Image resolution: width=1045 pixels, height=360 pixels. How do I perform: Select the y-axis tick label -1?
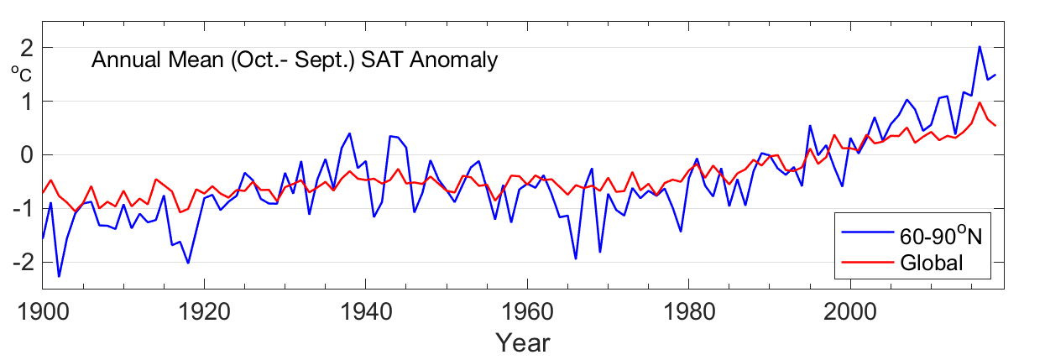[x=23, y=209]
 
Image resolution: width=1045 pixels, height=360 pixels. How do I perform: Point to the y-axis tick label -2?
[x=23, y=263]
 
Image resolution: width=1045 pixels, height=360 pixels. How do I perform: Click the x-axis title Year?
[x=522, y=342]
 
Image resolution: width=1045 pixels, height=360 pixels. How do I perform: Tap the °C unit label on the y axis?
[x=21, y=75]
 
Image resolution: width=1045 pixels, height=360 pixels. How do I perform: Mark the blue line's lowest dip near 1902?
[x=59, y=276]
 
